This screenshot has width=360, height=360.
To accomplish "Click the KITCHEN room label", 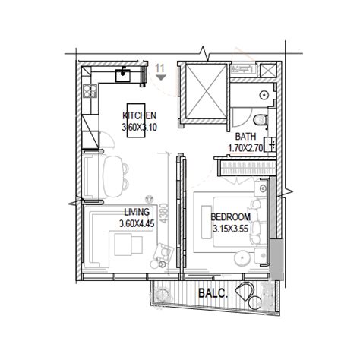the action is coord(140,115).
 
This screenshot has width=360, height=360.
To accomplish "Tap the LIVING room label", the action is coord(137,212).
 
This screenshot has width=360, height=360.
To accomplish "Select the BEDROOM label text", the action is coord(231,217).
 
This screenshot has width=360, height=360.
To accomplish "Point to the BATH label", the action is coord(245,137).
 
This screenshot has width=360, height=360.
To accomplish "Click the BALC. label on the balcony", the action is coord(213,293).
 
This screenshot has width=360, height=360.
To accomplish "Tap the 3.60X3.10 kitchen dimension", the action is coord(140,127).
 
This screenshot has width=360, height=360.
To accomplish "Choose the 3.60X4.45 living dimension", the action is coord(137,223).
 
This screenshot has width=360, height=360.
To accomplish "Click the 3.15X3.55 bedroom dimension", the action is coord(230,229).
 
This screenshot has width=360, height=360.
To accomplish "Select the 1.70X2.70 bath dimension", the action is coord(245,148).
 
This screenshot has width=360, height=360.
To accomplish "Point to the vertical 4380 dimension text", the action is coord(164,213).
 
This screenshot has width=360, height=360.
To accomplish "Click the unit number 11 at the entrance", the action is coord(160,68).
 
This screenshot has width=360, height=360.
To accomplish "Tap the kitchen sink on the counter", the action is coord(123,75).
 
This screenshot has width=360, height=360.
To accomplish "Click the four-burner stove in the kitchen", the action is coord(90,91).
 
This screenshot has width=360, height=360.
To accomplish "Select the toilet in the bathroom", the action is coord(261,120).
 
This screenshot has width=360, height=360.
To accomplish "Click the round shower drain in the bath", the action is coord(264,95).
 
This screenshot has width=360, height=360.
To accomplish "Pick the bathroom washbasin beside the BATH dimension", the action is coord(270,144).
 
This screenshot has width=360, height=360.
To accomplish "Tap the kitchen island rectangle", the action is coord(136,121).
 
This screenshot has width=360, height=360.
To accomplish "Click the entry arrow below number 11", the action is coord(160,77).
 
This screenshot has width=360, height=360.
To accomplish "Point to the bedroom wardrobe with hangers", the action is coord(247,168).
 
